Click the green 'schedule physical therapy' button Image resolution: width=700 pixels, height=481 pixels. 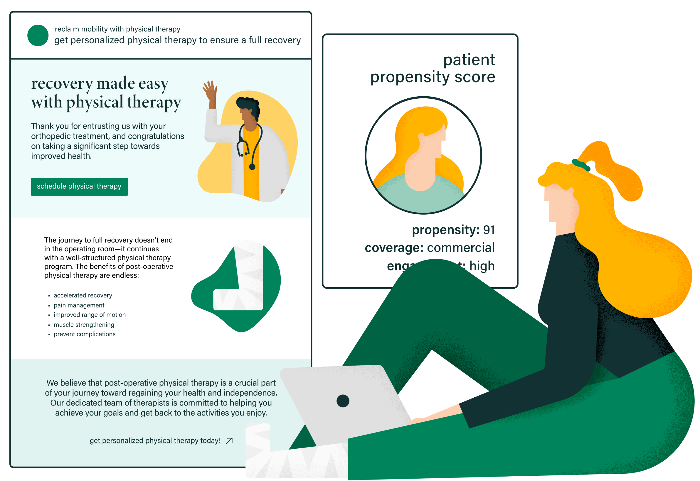point(79,186)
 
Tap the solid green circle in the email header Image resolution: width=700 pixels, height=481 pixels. point(38,36)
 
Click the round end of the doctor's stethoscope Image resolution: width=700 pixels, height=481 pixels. point(252,167)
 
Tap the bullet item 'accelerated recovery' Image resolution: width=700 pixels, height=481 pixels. point(83,295)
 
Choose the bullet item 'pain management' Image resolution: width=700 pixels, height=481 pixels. point(79,305)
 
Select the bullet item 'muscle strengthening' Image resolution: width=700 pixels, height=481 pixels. point(84,324)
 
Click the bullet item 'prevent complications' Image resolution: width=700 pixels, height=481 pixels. point(84,334)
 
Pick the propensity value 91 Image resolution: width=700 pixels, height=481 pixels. point(489,230)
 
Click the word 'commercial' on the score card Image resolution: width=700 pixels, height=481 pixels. point(461,248)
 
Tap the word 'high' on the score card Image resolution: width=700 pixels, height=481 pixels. point(482,266)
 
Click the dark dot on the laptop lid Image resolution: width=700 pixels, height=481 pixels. point(343,401)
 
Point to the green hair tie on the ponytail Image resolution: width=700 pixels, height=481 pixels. point(581,165)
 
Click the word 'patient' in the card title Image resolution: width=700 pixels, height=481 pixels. point(469,60)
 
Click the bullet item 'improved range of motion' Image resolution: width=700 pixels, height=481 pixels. point(90,315)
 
